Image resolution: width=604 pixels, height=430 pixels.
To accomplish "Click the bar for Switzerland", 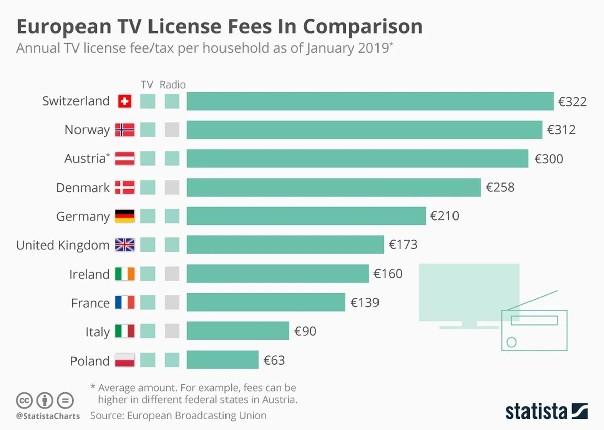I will tap(370, 101).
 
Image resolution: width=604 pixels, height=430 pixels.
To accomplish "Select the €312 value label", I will tap(561, 130).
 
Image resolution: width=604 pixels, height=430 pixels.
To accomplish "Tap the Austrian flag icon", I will tap(125, 159).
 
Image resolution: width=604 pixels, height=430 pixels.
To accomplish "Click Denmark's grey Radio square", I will tap(172, 188).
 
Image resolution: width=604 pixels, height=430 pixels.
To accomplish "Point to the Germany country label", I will tap(83, 217).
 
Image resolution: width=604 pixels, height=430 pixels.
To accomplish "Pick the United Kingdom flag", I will tap(125, 245).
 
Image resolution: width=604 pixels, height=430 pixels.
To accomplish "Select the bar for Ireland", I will tap(278, 274).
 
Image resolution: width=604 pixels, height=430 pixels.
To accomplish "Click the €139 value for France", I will tap(365, 303).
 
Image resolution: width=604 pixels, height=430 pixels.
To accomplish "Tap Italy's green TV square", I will tap(147, 331).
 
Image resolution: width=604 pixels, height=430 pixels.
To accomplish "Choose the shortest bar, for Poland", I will tap(222, 360).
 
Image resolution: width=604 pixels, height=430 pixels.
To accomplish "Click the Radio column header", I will tap(172, 84).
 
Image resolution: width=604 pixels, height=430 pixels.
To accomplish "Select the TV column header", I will tap(147, 84).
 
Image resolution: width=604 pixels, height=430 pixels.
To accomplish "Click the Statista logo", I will tap(546, 410).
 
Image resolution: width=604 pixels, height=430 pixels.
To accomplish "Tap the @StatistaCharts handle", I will tap(47, 416).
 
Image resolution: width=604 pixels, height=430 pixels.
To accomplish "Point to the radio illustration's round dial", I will tap(511, 342).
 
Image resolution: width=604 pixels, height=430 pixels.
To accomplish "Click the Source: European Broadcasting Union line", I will tap(178, 416).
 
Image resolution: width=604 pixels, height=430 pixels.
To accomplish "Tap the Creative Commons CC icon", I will tap(24, 401).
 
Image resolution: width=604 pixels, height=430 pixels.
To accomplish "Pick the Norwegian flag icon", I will tap(125, 130).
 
